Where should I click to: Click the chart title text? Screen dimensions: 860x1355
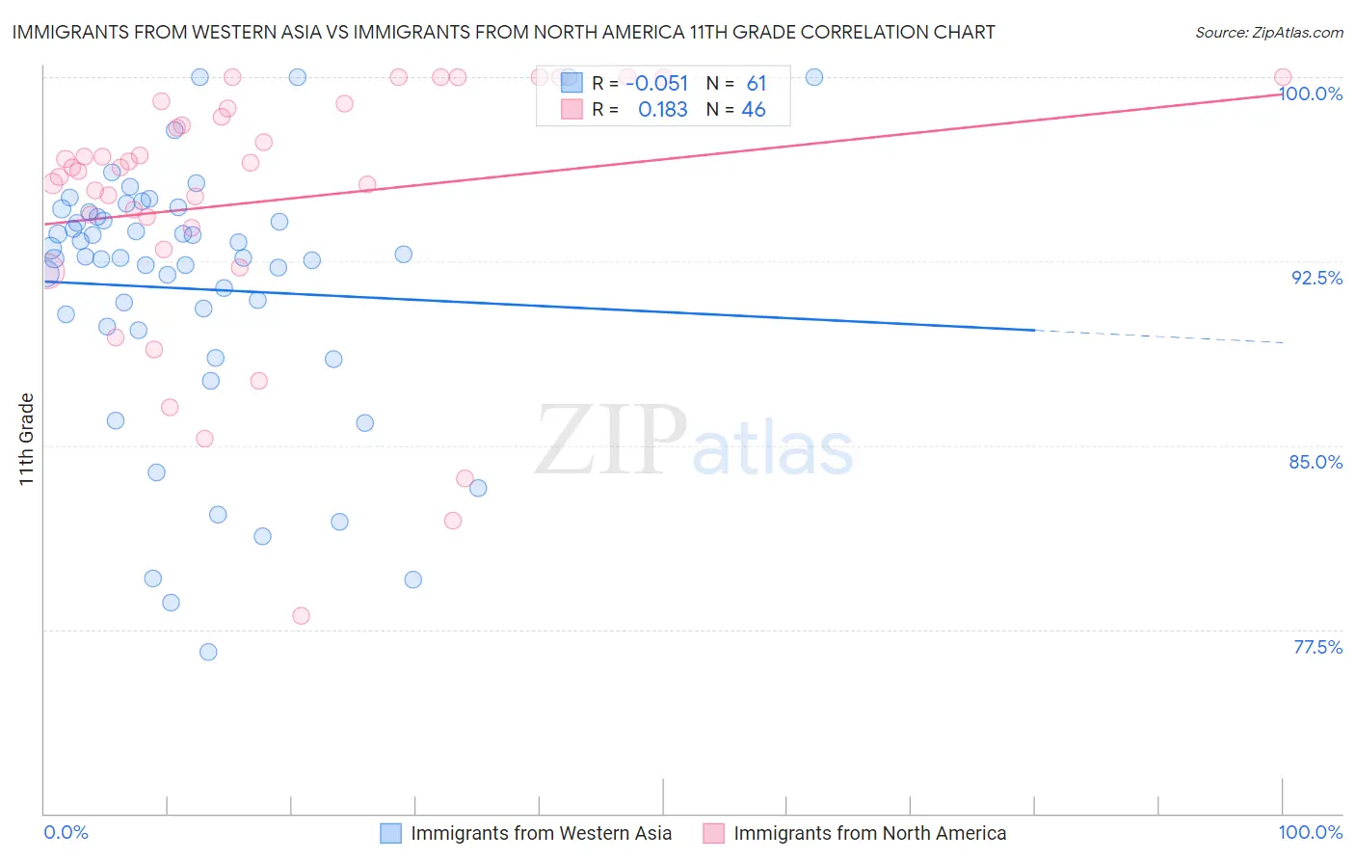[x=503, y=33]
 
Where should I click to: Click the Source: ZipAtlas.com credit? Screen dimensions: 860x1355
[x=1268, y=33]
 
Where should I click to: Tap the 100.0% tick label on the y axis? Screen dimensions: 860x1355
[x=1311, y=94]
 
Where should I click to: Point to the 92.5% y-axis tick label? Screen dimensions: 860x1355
[x=1316, y=278]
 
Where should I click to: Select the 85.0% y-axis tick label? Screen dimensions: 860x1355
[x=1315, y=462]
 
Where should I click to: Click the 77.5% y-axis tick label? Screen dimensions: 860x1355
[x=1317, y=647]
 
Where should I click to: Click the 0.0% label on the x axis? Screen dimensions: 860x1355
[x=66, y=832]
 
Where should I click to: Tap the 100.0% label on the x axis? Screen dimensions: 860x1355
[x=1310, y=832]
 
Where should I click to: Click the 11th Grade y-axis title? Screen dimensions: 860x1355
[x=27, y=439]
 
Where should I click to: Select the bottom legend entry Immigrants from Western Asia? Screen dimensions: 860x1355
[x=541, y=833]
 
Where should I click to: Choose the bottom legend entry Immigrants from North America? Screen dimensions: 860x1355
[x=869, y=833]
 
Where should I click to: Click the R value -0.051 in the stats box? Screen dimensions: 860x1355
[x=656, y=84]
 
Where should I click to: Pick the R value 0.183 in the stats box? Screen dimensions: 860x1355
[x=663, y=110]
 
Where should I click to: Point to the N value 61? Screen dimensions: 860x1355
[x=756, y=84]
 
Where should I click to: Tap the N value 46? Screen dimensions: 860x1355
[x=754, y=110]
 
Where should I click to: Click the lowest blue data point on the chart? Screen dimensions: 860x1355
[x=208, y=652]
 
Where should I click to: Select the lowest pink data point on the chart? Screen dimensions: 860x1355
[x=301, y=616]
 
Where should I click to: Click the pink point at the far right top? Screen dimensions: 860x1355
[x=1283, y=77]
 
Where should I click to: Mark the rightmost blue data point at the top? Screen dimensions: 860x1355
[x=814, y=77]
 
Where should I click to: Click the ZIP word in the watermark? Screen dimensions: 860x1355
[x=611, y=441]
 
